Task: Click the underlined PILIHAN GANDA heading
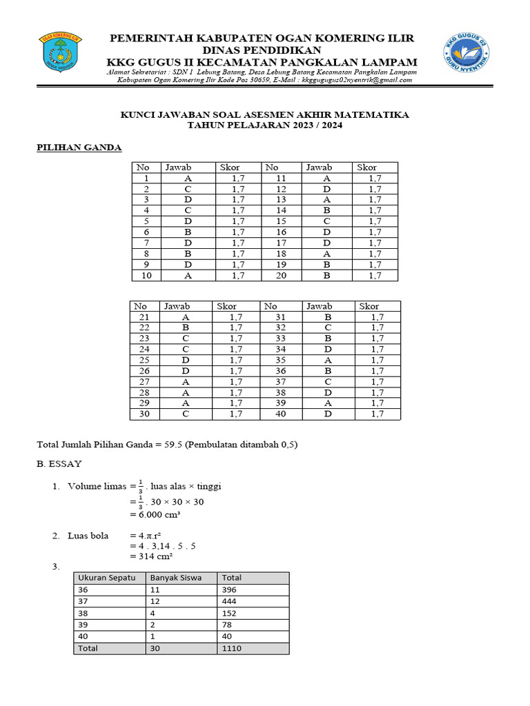click(x=79, y=148)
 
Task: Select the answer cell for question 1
click(x=188, y=178)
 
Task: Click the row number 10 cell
click(x=146, y=276)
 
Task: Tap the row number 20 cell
click(x=282, y=276)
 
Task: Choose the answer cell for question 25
click(x=186, y=360)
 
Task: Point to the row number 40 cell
click(x=281, y=414)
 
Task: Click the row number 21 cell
click(x=144, y=317)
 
